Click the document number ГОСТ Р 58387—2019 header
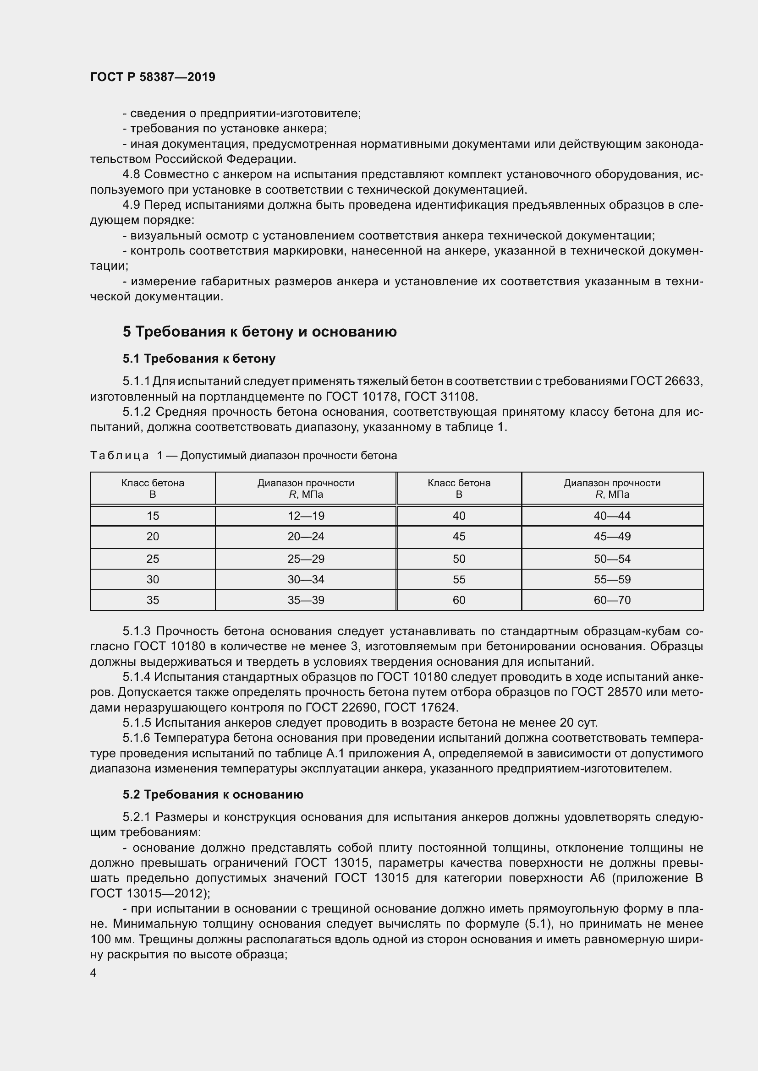pos(153,77)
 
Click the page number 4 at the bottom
pos(93,973)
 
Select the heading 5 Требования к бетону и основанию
pos(259,332)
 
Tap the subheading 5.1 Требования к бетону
pos(199,359)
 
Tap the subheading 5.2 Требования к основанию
pos(213,794)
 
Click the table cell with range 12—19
pos(306,516)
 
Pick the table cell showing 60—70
pos(612,600)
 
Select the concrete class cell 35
pos(153,600)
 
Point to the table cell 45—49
pos(612,537)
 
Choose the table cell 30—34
pos(306,579)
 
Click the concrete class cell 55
pos(459,579)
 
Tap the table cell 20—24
pos(306,537)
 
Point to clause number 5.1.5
pos(137,723)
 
